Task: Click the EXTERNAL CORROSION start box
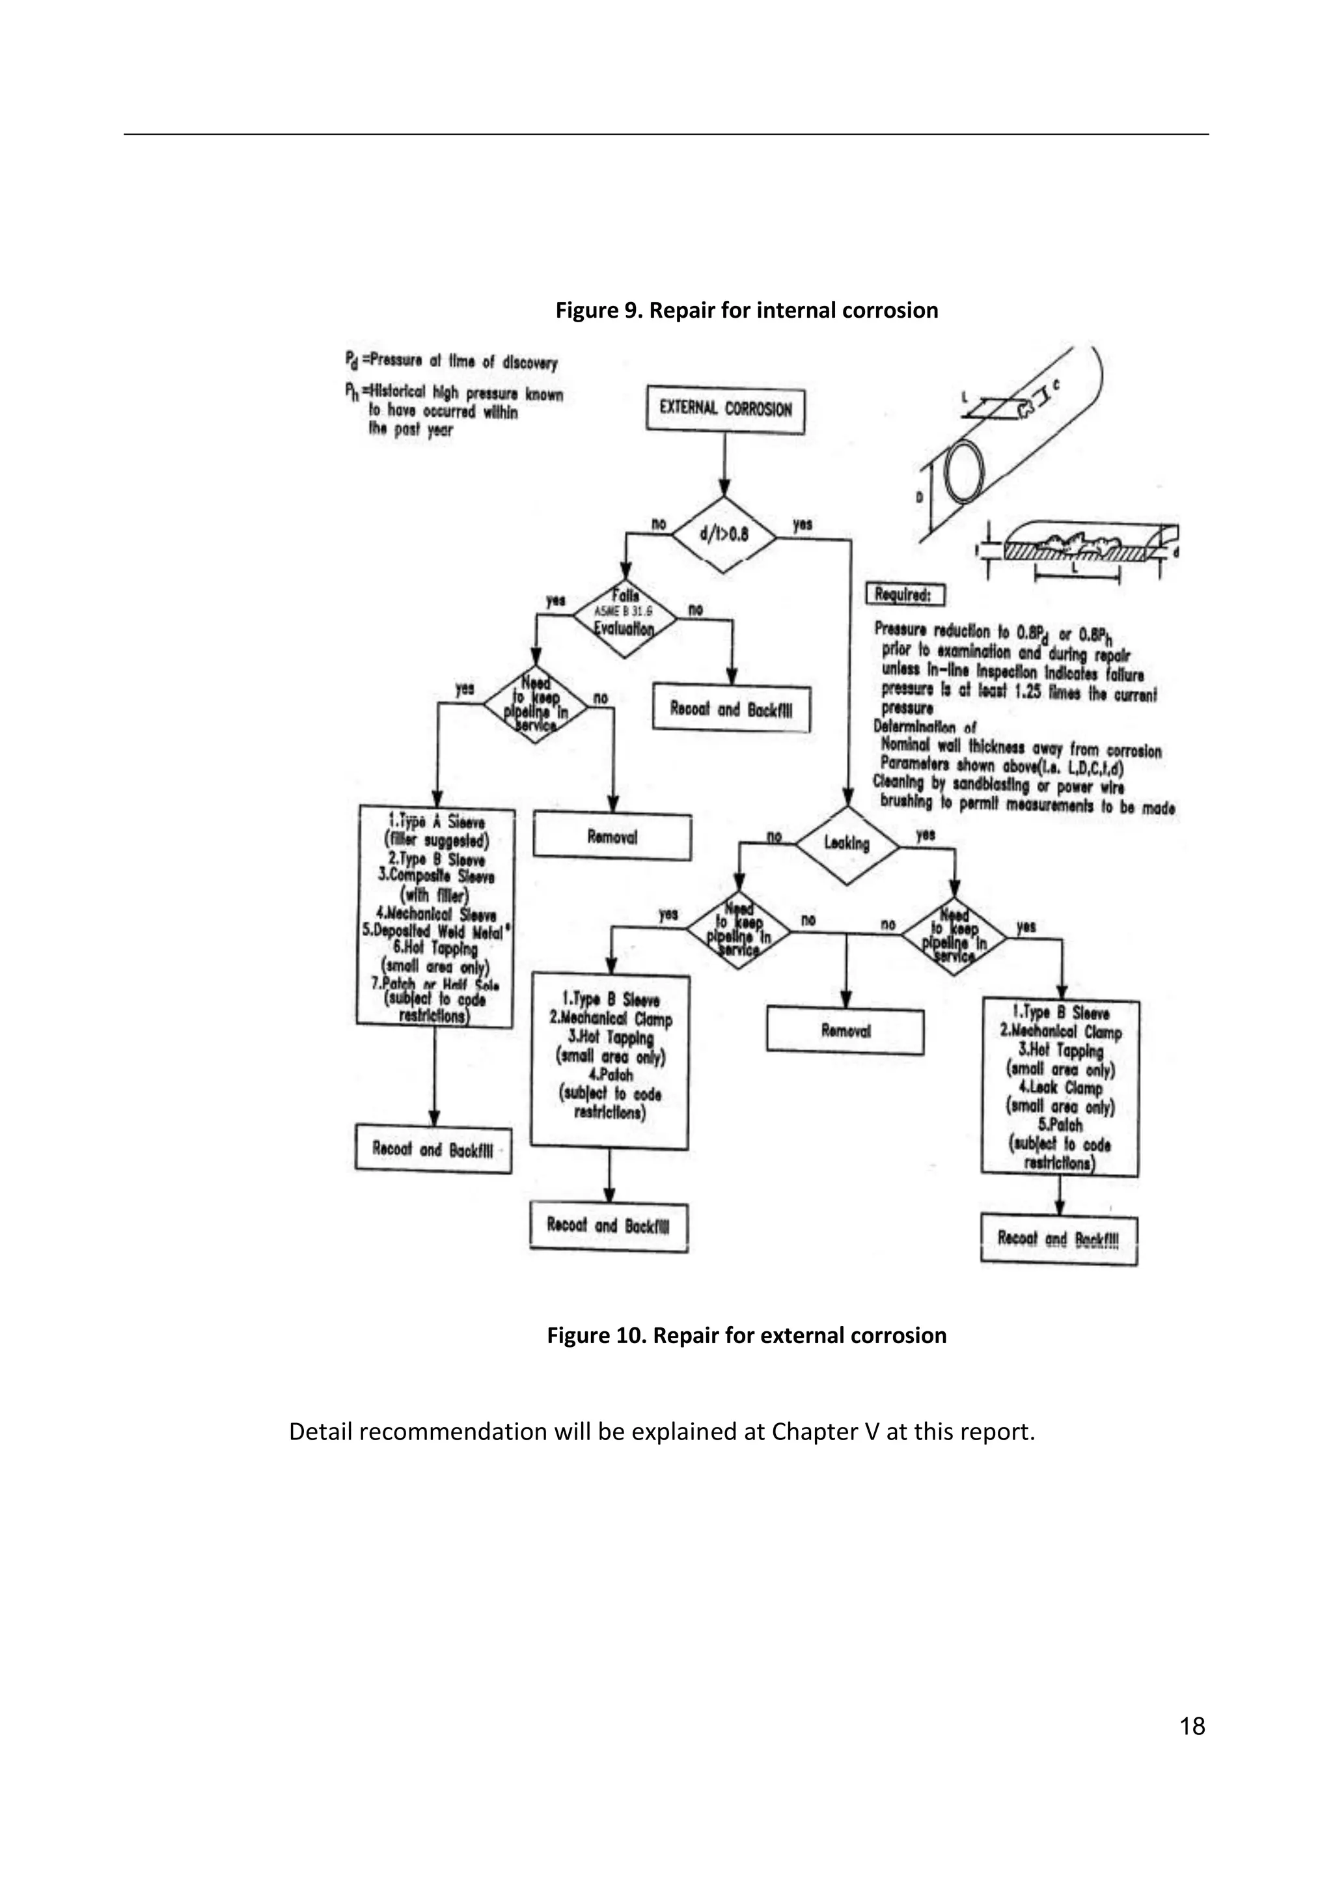click(725, 409)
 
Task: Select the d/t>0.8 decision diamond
click(724, 534)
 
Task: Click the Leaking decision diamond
click(846, 844)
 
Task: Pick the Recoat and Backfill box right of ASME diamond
click(731, 709)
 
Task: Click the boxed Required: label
click(904, 595)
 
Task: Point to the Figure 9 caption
click(747, 311)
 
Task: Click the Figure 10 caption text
click(747, 1336)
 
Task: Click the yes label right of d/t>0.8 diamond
click(802, 524)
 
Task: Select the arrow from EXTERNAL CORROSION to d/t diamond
click(724, 464)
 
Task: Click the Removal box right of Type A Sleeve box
click(612, 837)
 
